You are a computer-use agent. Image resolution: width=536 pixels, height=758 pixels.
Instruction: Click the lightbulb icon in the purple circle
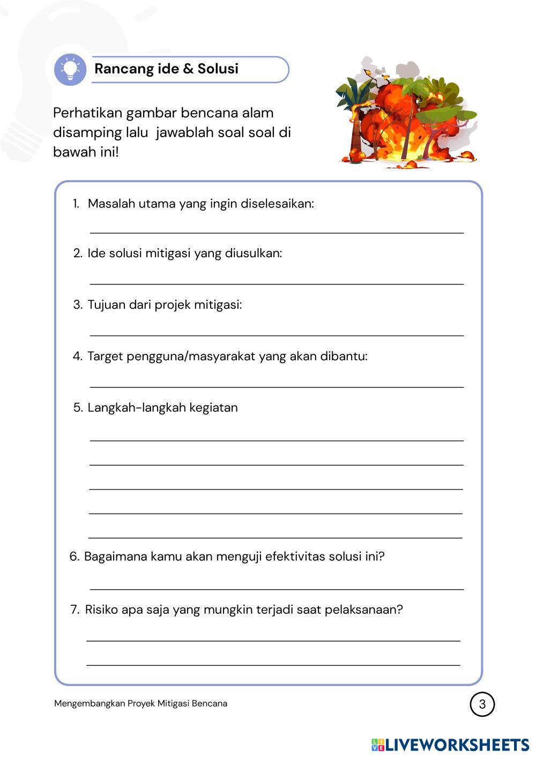click(x=70, y=69)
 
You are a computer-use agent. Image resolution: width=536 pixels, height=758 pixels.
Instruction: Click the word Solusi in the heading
click(x=218, y=69)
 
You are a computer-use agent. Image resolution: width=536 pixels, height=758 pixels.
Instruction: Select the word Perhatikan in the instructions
click(x=87, y=113)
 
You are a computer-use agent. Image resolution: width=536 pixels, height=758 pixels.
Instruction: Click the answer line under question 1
click(x=277, y=233)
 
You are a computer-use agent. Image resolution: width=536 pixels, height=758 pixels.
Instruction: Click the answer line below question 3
click(x=277, y=335)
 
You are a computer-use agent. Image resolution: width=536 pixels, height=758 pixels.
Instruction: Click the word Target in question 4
click(x=105, y=356)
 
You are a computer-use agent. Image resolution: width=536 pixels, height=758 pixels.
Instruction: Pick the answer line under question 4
click(x=277, y=387)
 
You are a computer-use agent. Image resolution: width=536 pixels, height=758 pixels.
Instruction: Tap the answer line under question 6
click(x=277, y=589)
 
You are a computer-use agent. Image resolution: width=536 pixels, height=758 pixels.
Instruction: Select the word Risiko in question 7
click(x=101, y=610)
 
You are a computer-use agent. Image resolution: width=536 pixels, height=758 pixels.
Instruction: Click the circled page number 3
click(x=482, y=704)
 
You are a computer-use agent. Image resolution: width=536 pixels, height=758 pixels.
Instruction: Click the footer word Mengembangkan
click(x=89, y=703)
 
